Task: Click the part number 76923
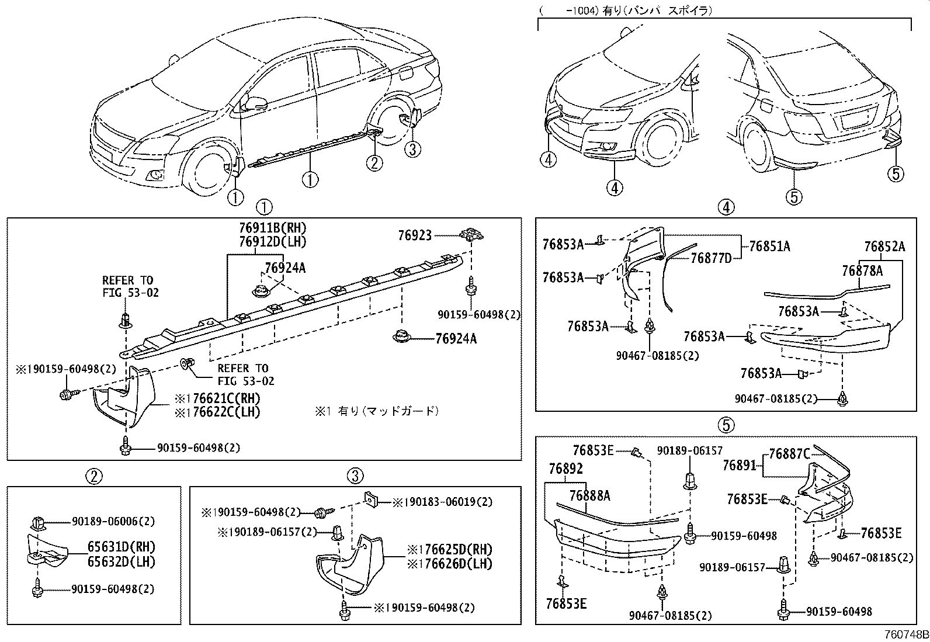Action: (x=415, y=235)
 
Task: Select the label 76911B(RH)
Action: (x=272, y=228)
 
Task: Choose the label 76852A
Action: (x=884, y=247)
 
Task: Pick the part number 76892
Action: (x=565, y=469)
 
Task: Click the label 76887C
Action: (x=789, y=454)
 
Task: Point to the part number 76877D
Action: (x=711, y=258)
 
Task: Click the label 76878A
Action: (x=862, y=270)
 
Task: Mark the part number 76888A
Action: (x=589, y=496)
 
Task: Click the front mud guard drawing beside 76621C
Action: (x=124, y=397)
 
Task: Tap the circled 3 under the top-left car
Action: (x=412, y=150)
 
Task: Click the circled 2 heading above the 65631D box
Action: (x=95, y=477)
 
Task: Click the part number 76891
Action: (x=740, y=466)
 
